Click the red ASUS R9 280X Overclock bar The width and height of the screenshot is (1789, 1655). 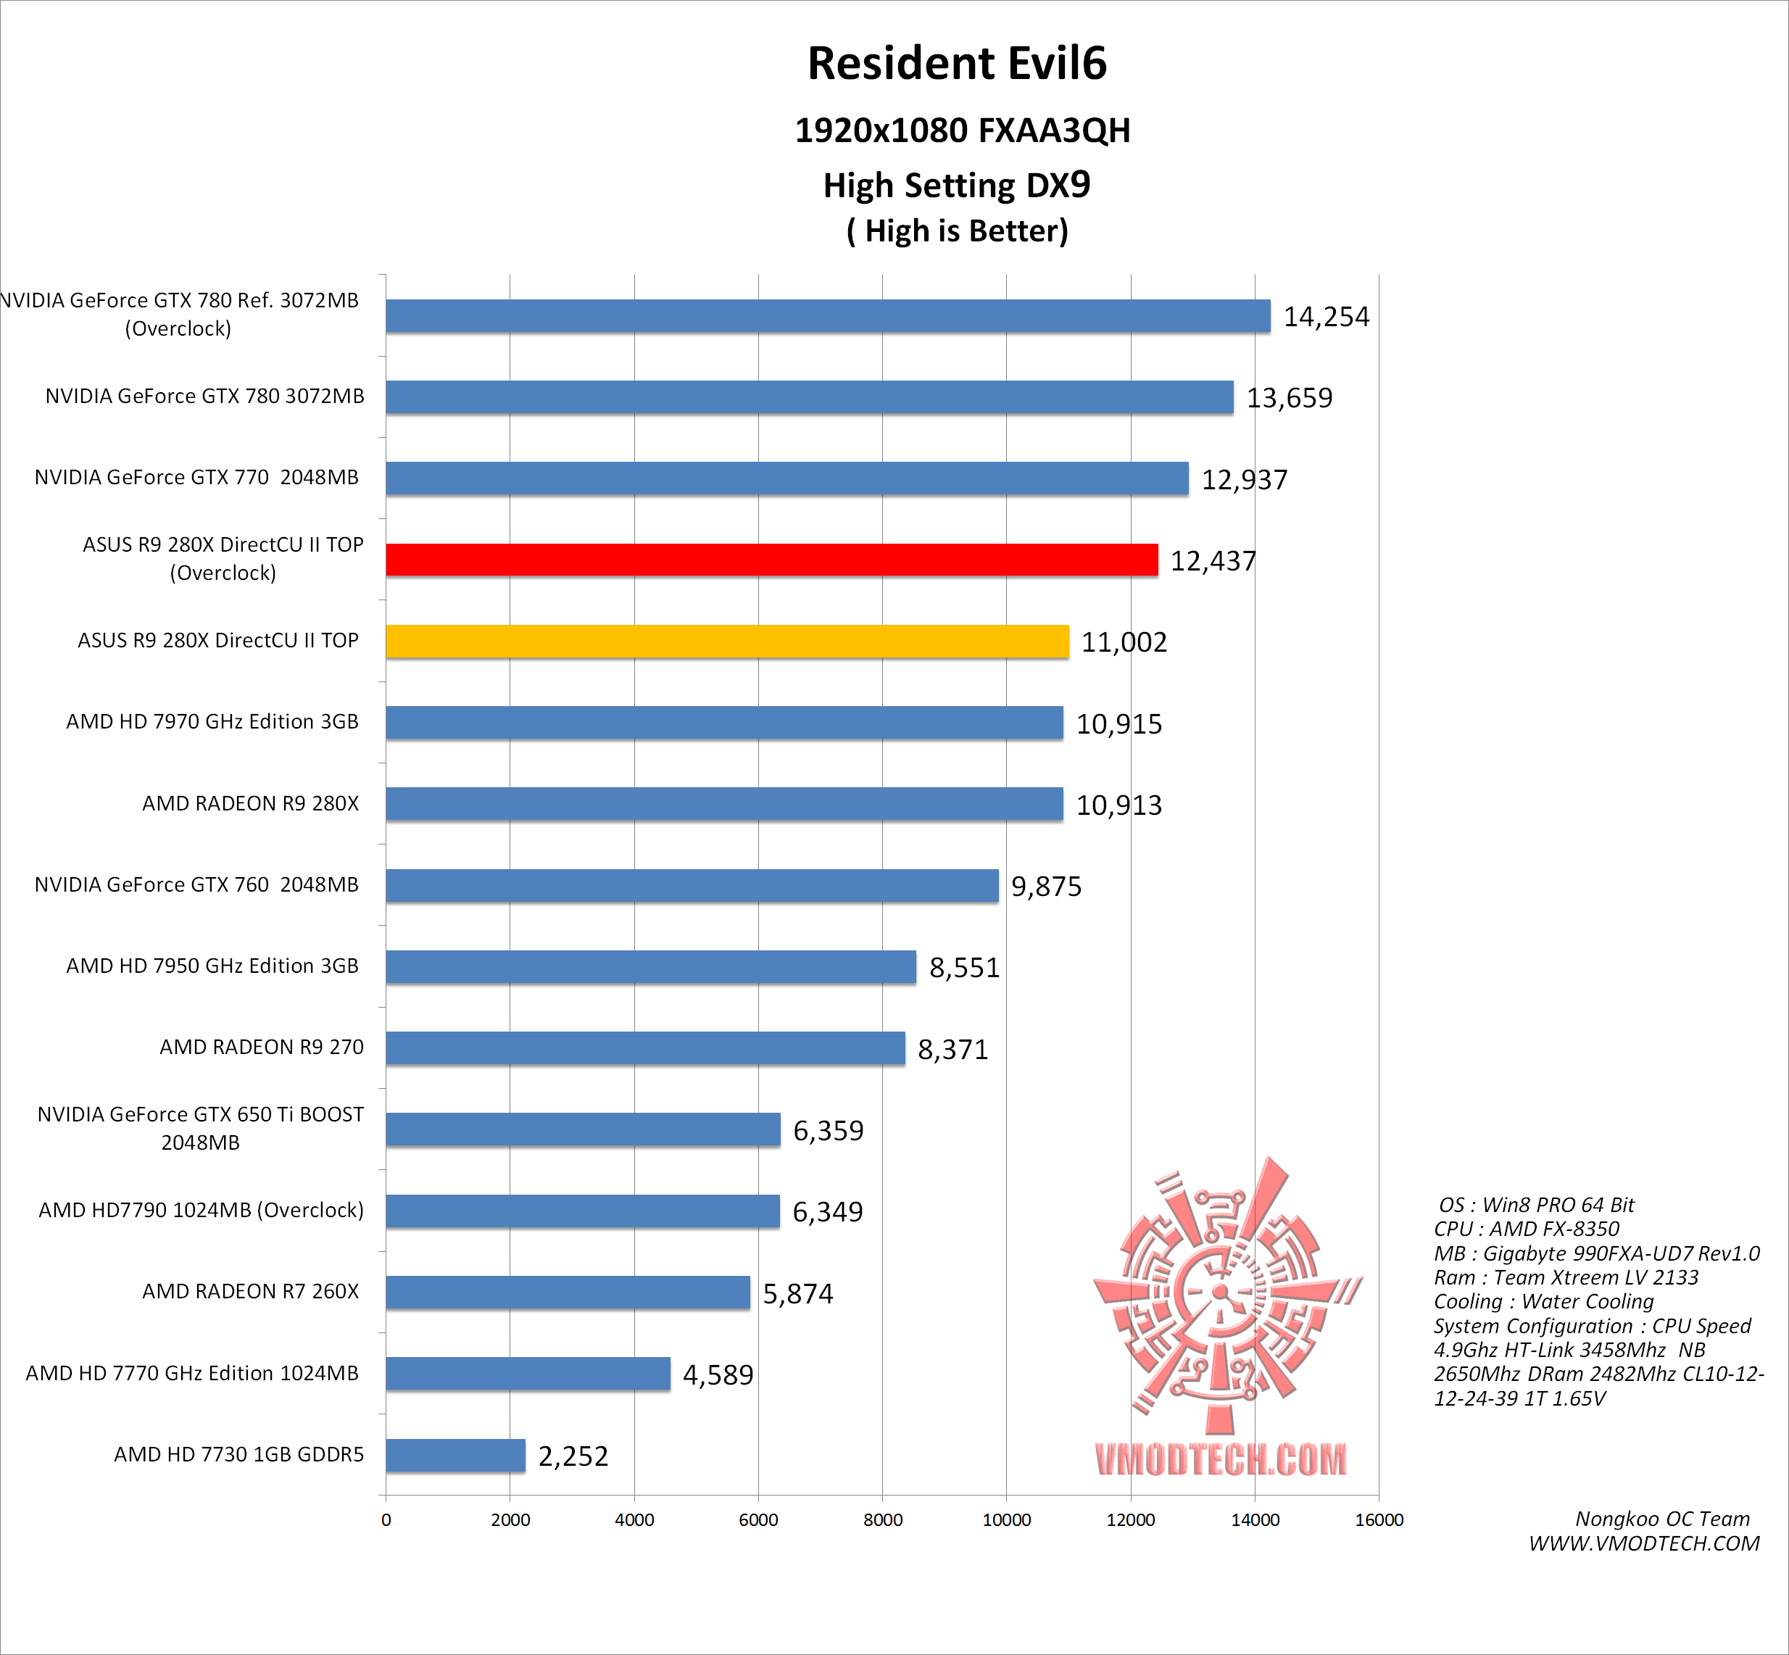click(771, 560)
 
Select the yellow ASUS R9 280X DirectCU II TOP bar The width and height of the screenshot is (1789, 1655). click(727, 642)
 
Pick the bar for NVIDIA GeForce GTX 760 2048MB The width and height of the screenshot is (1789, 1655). click(692, 886)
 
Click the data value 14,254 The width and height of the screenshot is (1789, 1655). click(1325, 317)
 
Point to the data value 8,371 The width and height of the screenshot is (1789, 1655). click(952, 1049)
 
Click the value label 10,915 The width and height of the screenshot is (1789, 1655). click(1118, 723)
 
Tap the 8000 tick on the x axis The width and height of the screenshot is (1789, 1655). click(882, 1519)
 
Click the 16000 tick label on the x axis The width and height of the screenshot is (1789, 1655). click(1378, 1519)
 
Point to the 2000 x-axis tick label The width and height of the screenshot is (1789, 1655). click(510, 1519)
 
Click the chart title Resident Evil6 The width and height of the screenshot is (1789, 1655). click(956, 64)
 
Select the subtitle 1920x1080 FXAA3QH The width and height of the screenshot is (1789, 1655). click(962, 130)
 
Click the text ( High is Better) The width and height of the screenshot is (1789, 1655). click(956, 231)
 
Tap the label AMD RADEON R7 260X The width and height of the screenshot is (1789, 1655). click(250, 1291)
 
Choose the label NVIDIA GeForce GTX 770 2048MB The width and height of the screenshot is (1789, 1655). click(196, 477)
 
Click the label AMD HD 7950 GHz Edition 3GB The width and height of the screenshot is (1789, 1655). click(212, 966)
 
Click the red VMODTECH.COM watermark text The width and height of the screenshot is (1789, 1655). click(1219, 1460)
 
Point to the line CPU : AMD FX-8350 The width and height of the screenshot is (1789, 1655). click(1526, 1229)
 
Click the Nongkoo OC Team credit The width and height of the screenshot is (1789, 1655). click(1662, 1519)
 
